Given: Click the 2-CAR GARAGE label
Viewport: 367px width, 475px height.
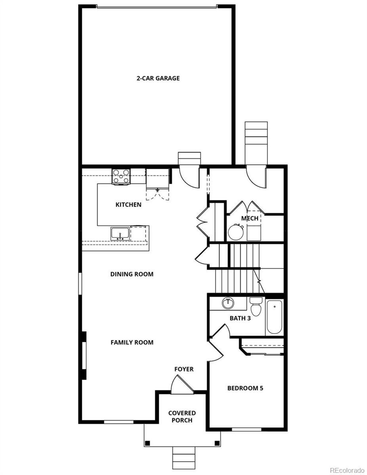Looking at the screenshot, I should [x=158, y=78].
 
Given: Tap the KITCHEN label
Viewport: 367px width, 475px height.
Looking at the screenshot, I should [x=128, y=205].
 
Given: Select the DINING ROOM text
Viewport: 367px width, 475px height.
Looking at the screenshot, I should [x=132, y=274].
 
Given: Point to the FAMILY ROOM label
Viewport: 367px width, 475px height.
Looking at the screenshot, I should [x=132, y=342].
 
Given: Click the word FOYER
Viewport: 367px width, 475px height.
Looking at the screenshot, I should [x=184, y=369].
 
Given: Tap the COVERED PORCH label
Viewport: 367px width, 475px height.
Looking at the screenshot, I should [x=182, y=417].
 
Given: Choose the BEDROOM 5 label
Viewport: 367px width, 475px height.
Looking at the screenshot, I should [x=245, y=388].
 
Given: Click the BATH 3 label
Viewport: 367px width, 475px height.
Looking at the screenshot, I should [x=240, y=318].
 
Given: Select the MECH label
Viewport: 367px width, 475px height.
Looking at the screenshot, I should [x=250, y=218].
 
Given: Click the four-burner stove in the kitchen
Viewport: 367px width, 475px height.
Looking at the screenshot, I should [x=121, y=176].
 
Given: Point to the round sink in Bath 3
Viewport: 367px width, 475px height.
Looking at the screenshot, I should [x=228, y=303].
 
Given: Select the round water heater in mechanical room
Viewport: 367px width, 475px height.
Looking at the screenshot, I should [x=236, y=232].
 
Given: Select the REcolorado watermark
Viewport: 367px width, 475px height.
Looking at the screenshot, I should [x=347, y=470].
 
